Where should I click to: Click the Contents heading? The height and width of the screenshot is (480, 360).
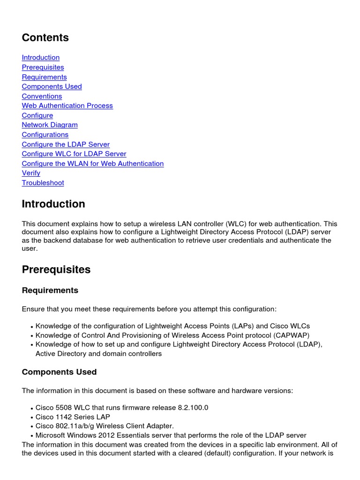click(x=45, y=37)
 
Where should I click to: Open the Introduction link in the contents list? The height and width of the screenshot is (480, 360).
click(x=41, y=58)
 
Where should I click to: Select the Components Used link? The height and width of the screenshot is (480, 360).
click(x=52, y=87)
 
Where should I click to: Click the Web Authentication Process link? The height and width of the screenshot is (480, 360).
click(x=67, y=106)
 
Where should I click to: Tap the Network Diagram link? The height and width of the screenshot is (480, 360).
click(x=50, y=125)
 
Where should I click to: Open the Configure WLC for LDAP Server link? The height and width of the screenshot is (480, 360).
click(x=74, y=154)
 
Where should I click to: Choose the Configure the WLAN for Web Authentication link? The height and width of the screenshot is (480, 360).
click(x=93, y=164)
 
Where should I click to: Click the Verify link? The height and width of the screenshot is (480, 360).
click(x=31, y=173)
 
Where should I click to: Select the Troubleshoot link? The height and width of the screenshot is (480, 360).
click(x=43, y=183)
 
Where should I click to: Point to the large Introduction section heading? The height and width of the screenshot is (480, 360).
click(x=53, y=204)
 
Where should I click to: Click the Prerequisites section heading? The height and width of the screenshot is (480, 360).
click(x=56, y=270)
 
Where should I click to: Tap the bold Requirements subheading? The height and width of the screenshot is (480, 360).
click(x=50, y=291)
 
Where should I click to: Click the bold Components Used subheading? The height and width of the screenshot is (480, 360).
click(x=59, y=372)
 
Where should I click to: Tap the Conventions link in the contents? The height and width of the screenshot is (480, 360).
click(x=42, y=96)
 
